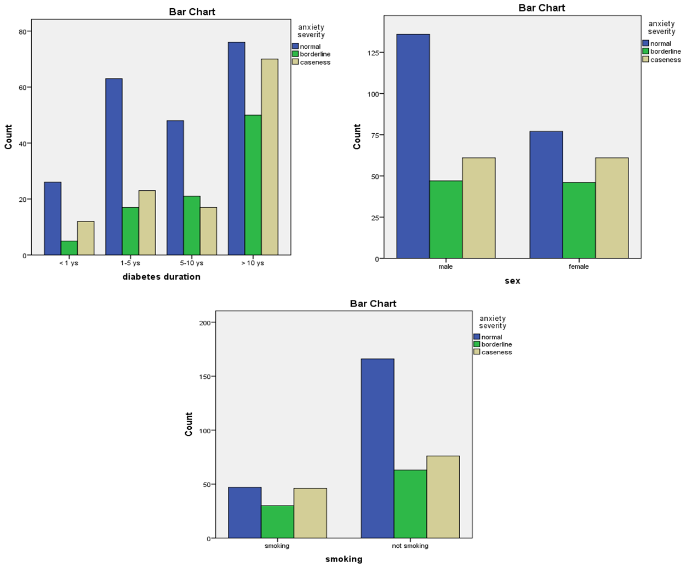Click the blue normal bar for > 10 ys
pyautogui.click(x=236, y=149)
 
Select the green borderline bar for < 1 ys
pyautogui.click(x=69, y=248)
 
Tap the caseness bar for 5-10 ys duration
pyautogui.click(x=208, y=231)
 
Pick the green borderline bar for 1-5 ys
pyautogui.click(x=130, y=231)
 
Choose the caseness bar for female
pyautogui.click(x=611, y=208)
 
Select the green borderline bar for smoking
pyautogui.click(x=277, y=521)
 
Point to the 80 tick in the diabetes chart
pyautogui.click(x=23, y=32)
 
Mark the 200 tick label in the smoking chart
pyautogui.click(x=205, y=323)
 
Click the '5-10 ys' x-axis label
pyautogui.click(x=192, y=263)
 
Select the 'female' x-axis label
pyautogui.click(x=579, y=267)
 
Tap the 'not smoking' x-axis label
pyautogui.click(x=410, y=546)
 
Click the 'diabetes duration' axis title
pyautogui.click(x=161, y=277)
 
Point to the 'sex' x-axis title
pyautogui.click(x=512, y=281)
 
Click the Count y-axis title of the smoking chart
pyautogui.click(x=189, y=424)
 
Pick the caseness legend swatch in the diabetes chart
pyautogui.click(x=295, y=62)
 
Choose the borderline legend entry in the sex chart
pyautogui.click(x=665, y=52)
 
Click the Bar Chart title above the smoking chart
pyautogui.click(x=373, y=304)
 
